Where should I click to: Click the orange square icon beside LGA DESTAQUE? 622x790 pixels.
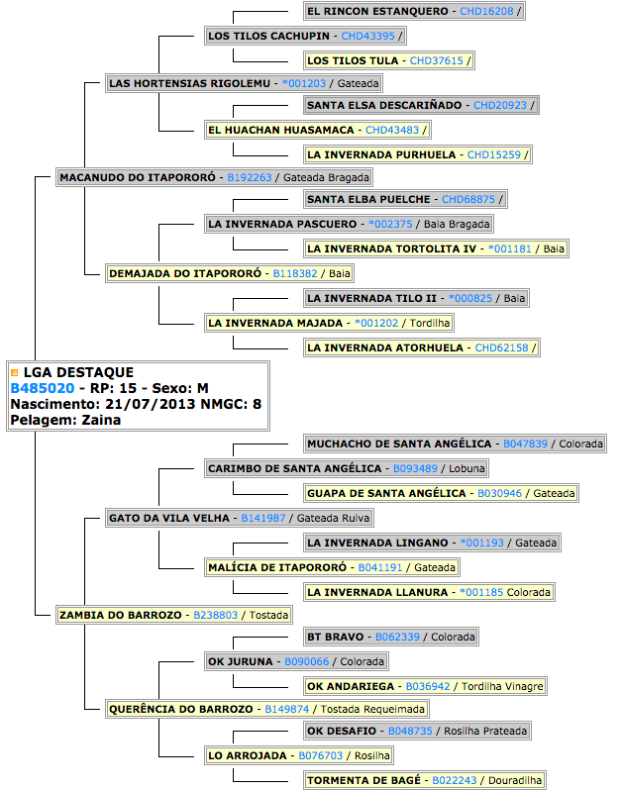coord(15,373)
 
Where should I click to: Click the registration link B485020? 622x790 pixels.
coord(43,388)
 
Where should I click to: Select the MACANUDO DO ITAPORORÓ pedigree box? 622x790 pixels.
coord(214,177)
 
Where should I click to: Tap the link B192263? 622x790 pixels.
coord(249,177)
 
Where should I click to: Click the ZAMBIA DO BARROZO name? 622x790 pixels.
coord(121,615)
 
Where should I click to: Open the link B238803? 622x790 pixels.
coord(215,615)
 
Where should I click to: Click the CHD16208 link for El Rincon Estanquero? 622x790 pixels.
coord(486,11)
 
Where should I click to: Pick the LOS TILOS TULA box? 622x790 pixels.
coord(388,60)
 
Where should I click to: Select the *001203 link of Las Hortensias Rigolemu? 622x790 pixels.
coord(304,83)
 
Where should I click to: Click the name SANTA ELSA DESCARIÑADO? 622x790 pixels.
coord(384,105)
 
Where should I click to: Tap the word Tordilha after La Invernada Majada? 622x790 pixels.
coord(430,323)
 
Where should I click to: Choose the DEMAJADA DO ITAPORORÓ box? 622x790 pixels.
coord(230,273)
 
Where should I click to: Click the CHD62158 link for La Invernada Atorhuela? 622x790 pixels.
coord(501,347)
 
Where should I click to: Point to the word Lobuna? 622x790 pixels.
coord(466,468)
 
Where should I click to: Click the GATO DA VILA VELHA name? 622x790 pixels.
coord(168,518)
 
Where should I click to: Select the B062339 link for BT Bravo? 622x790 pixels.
coord(397,637)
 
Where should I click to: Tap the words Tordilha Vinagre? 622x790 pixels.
coord(502,686)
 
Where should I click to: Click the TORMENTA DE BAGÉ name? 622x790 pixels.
coord(363,780)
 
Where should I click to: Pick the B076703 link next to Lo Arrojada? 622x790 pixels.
coord(321,755)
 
